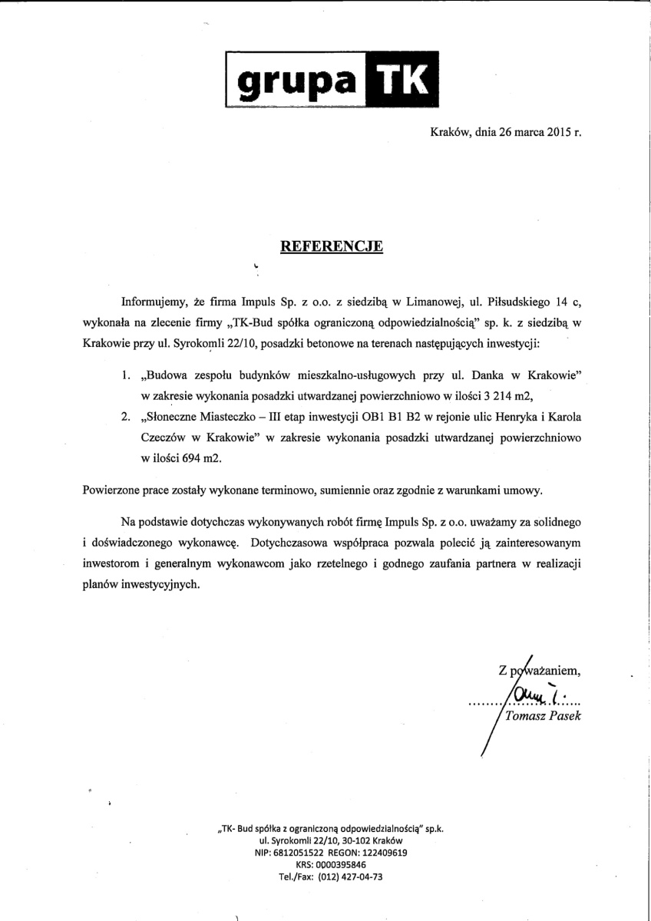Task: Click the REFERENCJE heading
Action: (x=331, y=246)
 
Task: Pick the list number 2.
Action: (x=126, y=417)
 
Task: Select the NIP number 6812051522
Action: (x=300, y=852)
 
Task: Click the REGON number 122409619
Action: (x=382, y=852)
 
